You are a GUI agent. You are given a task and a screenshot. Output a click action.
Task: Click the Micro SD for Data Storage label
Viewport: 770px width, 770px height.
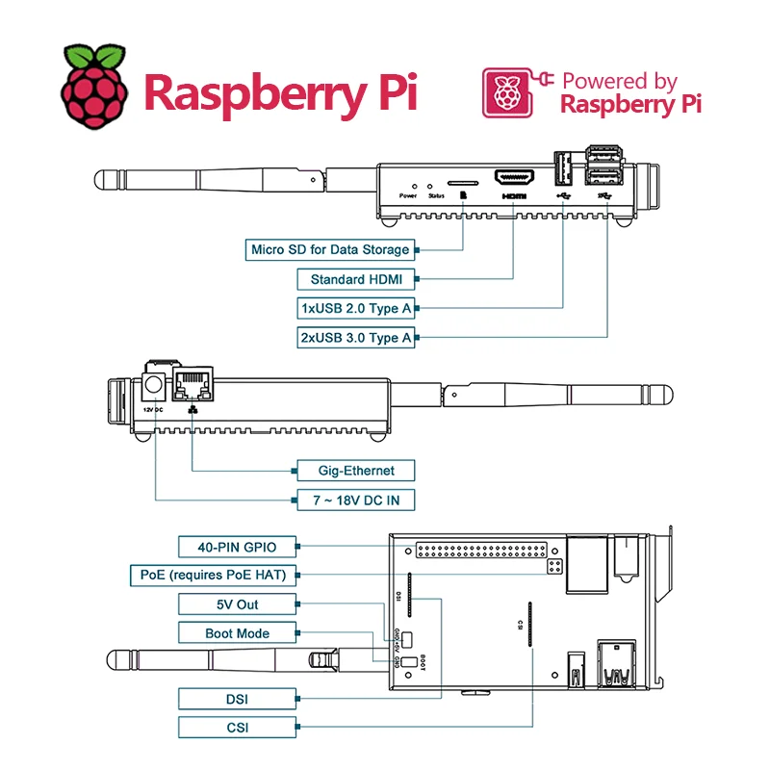pyautogui.click(x=330, y=249)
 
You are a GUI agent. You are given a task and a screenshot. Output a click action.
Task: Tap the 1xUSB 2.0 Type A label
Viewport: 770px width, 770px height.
pyautogui.click(x=356, y=309)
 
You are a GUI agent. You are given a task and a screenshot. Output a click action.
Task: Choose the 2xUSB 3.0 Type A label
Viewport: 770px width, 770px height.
pyautogui.click(x=356, y=338)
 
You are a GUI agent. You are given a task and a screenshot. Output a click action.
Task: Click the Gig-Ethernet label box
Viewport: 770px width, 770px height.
pyautogui.click(x=356, y=471)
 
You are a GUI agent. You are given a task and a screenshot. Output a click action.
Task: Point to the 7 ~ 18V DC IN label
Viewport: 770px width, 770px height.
pyautogui.click(x=356, y=500)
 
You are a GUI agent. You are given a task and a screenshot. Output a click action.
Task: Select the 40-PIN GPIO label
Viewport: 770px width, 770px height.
pyautogui.click(x=237, y=547)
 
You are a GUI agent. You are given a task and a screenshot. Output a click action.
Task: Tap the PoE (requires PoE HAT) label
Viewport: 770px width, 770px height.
pyautogui.click(x=213, y=576)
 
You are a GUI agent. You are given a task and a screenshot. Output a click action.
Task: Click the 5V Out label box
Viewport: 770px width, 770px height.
pyautogui.click(x=237, y=604)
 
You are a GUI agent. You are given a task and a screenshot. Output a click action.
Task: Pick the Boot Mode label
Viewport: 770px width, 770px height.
pyautogui.click(x=237, y=633)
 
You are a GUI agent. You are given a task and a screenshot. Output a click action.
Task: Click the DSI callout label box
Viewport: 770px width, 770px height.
pyautogui.click(x=237, y=698)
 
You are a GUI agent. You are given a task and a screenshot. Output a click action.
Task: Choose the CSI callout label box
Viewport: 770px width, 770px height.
pyautogui.click(x=237, y=727)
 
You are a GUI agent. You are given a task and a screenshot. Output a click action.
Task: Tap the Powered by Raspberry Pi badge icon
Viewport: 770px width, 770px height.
pyautogui.click(x=506, y=92)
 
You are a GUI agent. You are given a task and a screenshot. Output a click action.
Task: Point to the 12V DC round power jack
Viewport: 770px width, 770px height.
pyautogui.click(x=153, y=387)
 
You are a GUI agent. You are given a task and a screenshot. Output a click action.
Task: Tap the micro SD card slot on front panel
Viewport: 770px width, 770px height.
pyautogui.click(x=463, y=180)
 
